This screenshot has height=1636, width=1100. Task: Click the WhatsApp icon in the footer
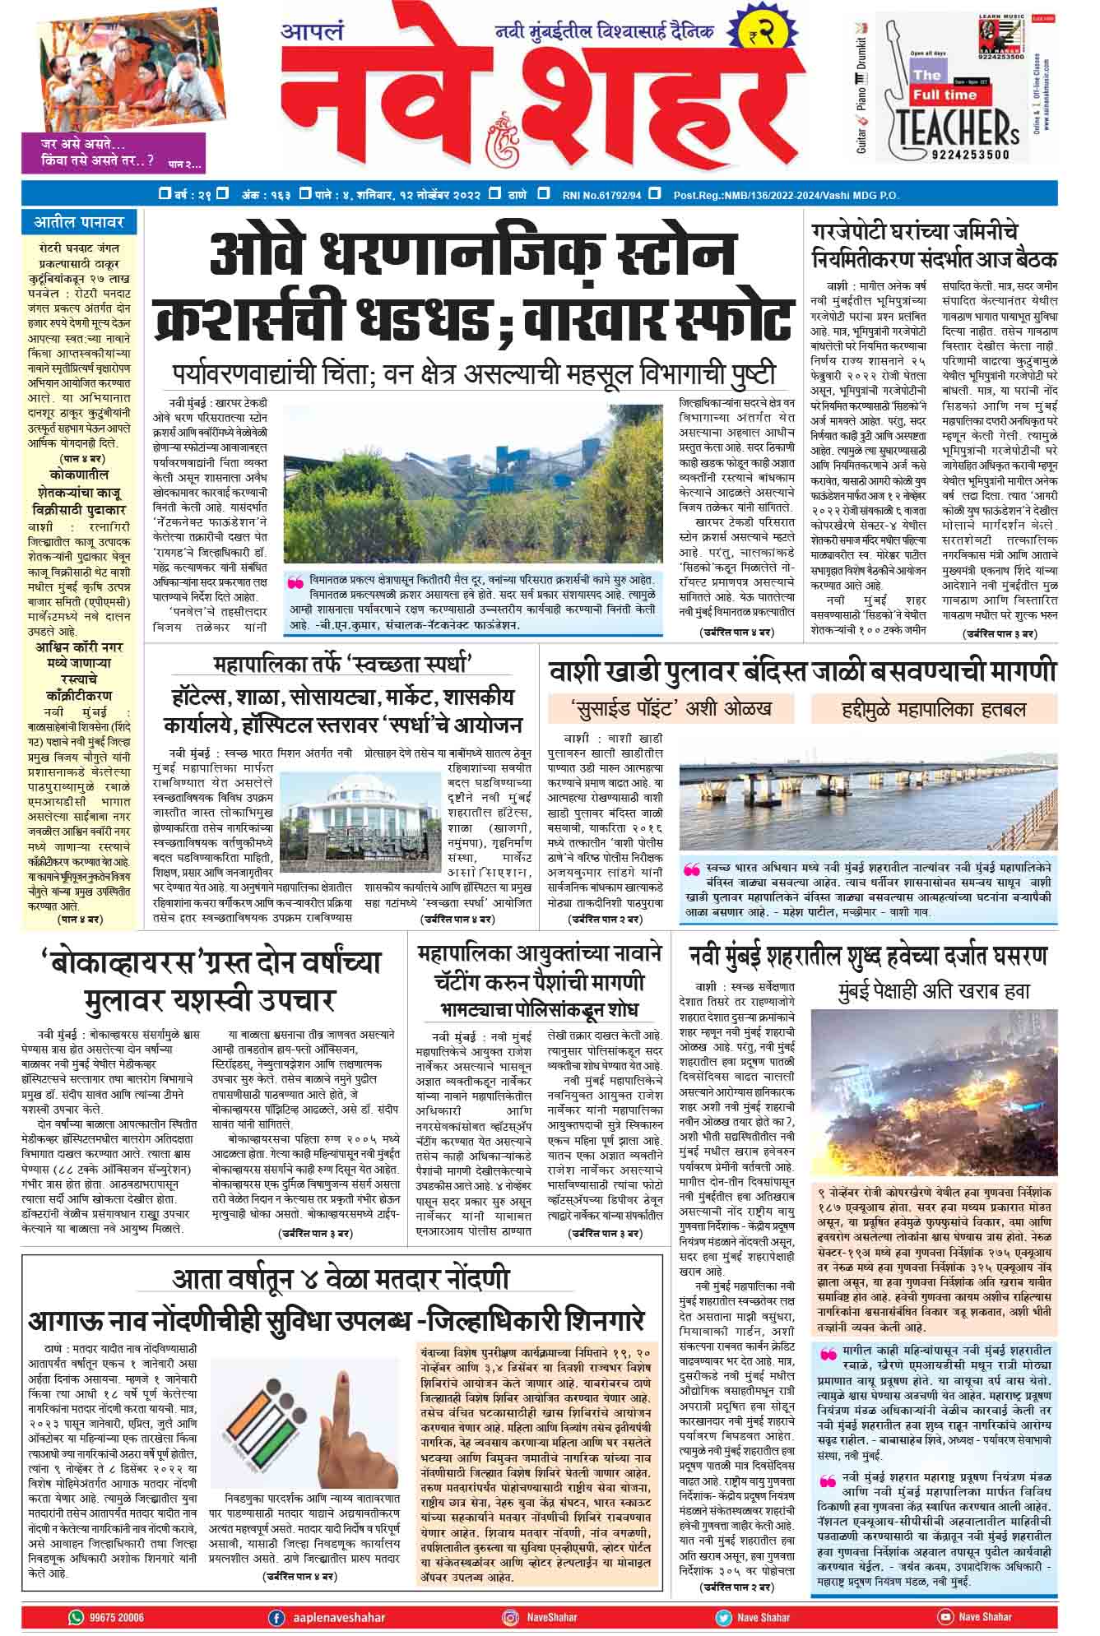76,1617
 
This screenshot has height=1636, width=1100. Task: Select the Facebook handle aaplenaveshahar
338,1617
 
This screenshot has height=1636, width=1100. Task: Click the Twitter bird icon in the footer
723,1617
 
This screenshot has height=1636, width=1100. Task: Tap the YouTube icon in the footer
945,1617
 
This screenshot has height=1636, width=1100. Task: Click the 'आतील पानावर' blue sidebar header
79,222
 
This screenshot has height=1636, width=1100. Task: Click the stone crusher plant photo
473,484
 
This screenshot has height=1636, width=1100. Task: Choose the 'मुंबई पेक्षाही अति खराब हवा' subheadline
934,990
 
